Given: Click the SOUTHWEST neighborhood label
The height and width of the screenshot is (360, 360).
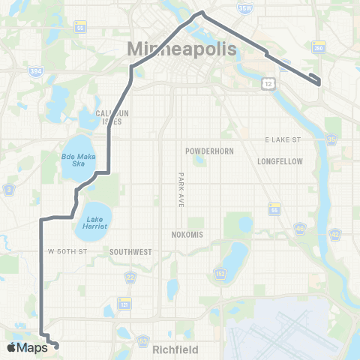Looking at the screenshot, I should pyautogui.click(x=131, y=252).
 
